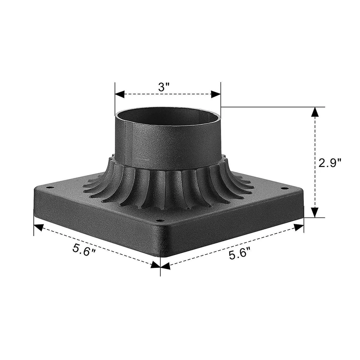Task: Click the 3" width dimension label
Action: [164, 87]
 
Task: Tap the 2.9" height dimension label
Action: [330, 163]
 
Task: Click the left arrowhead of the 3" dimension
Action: [120, 94]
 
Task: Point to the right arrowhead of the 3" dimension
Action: [216, 94]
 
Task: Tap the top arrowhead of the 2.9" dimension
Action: [316, 112]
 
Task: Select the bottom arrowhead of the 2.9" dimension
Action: [316, 212]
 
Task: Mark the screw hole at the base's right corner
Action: [285, 189]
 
